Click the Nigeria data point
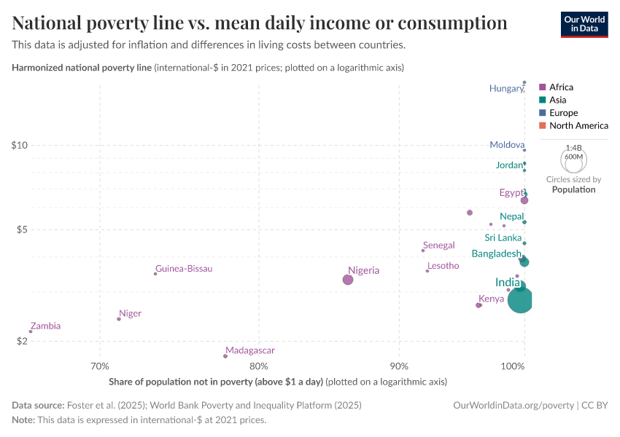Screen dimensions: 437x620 pos(348,280)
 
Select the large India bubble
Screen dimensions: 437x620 pos(520,299)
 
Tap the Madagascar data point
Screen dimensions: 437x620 pos(225,356)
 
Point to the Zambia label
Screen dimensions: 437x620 pos(45,326)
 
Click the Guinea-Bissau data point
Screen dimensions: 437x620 pos(155,274)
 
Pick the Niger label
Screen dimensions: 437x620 pos(130,314)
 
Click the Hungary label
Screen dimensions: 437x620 pos(506,88)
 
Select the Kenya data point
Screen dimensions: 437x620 pos(478,305)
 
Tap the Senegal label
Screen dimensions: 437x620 pos(438,245)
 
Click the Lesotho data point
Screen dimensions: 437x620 pos(427,271)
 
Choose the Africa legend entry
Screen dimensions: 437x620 pos(560,87)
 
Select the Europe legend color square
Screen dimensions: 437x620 pos(542,113)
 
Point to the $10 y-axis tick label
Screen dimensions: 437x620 pos(20,145)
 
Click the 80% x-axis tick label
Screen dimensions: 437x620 pos(258,366)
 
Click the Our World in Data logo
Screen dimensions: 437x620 pos(584,24)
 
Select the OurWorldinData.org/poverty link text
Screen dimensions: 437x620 pos(514,405)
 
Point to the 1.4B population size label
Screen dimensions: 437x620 pos(573,148)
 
